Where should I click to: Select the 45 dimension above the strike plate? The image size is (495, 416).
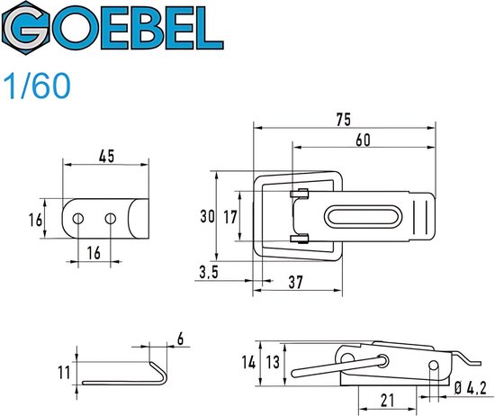click(105, 155)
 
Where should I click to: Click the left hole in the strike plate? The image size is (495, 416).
click(79, 217)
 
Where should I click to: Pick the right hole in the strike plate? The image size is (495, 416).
click(111, 217)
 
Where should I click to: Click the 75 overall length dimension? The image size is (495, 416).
click(342, 119)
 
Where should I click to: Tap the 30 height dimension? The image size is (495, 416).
click(207, 216)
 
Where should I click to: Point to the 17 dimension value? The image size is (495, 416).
click(230, 216)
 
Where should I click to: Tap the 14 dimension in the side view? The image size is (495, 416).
click(248, 363)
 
